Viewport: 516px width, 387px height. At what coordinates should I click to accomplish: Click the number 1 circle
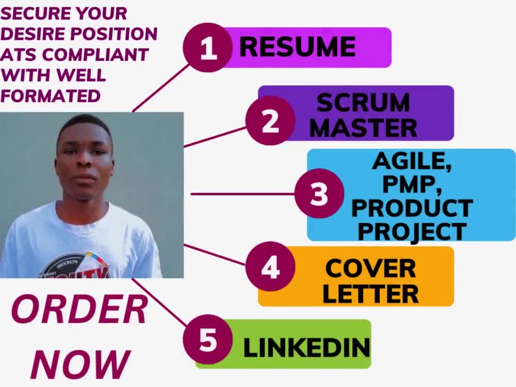[x=208, y=47]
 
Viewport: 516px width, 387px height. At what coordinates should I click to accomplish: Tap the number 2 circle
[x=270, y=120]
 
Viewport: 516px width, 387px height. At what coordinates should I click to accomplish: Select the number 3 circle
[x=319, y=193]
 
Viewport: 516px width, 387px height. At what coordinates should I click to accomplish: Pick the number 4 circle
[x=270, y=267]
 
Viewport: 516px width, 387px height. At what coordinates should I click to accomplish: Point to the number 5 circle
[x=208, y=340]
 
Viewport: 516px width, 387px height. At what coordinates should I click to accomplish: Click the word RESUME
[x=298, y=47]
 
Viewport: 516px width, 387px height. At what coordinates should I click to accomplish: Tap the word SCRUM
[x=363, y=103]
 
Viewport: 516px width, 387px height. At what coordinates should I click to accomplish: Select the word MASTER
[x=363, y=128]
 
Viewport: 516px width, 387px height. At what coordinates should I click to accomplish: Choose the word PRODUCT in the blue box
[x=412, y=208]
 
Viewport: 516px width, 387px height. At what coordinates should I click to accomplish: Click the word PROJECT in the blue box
[x=412, y=232]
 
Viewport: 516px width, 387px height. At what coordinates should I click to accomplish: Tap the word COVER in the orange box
[x=371, y=268]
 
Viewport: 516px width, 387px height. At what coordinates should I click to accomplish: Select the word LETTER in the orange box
[x=370, y=294]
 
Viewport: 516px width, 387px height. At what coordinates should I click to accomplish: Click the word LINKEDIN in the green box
[x=307, y=347]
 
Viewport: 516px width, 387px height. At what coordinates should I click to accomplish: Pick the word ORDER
[x=79, y=310]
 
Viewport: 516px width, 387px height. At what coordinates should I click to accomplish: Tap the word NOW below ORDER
[x=80, y=364]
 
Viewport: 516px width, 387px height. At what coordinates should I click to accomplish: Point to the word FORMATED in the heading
[x=51, y=96]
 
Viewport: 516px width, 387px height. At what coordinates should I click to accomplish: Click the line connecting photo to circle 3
[x=243, y=194]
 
